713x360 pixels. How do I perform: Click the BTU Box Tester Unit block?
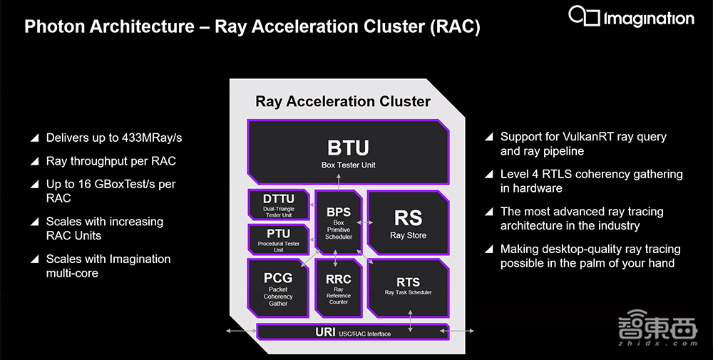click(x=349, y=153)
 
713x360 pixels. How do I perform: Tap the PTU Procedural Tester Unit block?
click(x=277, y=240)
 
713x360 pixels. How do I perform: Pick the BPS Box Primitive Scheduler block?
click(x=338, y=222)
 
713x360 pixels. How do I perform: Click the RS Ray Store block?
click(x=407, y=224)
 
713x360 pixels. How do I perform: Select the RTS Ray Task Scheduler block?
click(x=407, y=287)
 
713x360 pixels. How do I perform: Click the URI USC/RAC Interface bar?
click(x=349, y=332)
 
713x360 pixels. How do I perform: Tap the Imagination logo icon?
click(x=584, y=16)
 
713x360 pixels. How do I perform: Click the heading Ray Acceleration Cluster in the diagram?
click(x=343, y=101)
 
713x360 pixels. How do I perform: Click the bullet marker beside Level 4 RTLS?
click(x=489, y=175)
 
